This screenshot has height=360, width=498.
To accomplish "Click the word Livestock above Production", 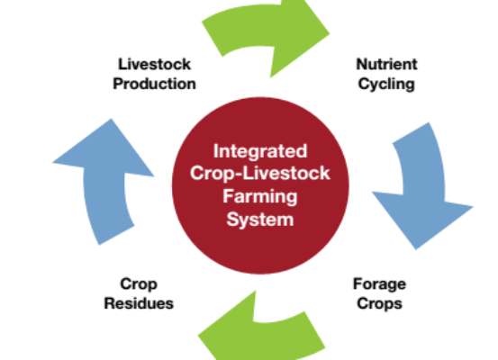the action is point(154,64).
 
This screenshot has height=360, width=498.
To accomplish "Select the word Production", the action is point(154,84).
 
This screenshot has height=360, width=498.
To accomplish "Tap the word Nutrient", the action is point(386,64).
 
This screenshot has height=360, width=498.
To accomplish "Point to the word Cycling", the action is point(386,85).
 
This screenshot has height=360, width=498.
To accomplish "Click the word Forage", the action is point(379,284).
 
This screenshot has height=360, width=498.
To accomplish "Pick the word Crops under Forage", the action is point(379,304).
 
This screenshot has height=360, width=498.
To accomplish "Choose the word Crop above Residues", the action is point(139,284).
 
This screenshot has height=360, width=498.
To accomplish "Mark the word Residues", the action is point(139,303).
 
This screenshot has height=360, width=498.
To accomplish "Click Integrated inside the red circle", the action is point(260,152).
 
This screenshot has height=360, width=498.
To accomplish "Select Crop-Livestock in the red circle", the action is point(260,174).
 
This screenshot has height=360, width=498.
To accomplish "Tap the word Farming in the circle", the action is point(260,197).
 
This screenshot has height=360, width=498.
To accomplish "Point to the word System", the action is point(260,220).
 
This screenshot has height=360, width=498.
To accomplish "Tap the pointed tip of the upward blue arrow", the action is point(111,119).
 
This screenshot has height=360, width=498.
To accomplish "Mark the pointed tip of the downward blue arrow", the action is point(416,249).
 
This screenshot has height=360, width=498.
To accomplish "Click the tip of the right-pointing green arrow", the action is point(329,32).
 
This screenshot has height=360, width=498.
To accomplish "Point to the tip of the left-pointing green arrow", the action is point(198,335).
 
